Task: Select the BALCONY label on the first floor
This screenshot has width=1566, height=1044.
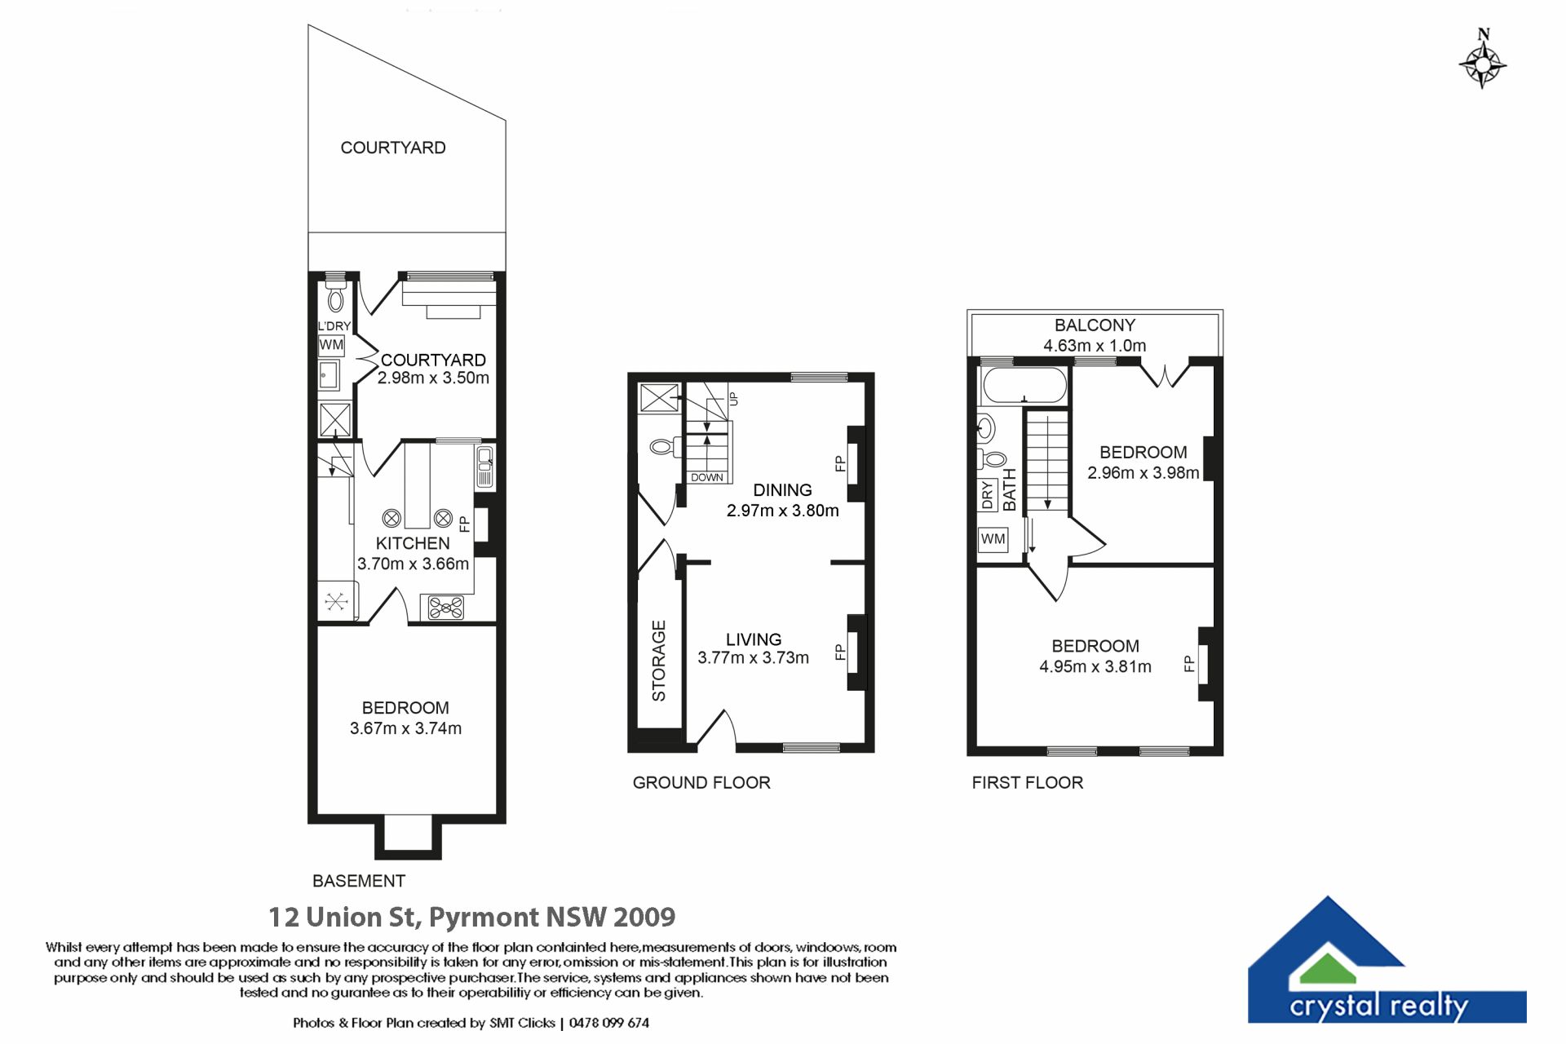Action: click(1095, 325)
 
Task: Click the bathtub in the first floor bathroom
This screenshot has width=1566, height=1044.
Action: click(1025, 385)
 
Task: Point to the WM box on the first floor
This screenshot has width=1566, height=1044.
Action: click(993, 539)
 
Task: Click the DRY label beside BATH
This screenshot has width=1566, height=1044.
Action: click(988, 495)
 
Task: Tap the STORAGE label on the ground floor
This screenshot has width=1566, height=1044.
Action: click(659, 661)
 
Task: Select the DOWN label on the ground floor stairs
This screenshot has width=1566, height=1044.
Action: click(707, 477)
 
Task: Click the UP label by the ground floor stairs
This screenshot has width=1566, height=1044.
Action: click(732, 399)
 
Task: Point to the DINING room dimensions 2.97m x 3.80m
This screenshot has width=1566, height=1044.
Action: click(782, 511)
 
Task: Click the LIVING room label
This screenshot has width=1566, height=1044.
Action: click(754, 639)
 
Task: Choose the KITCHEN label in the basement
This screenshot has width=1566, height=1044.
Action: click(413, 543)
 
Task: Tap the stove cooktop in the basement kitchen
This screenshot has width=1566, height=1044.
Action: click(446, 608)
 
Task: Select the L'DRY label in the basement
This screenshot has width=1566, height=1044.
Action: click(334, 326)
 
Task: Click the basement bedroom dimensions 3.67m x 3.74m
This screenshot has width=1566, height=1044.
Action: click(405, 728)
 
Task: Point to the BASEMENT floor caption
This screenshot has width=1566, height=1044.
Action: click(359, 881)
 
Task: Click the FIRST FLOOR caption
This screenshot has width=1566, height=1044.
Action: click(1028, 782)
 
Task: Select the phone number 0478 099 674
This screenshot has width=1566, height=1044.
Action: click(609, 1023)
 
